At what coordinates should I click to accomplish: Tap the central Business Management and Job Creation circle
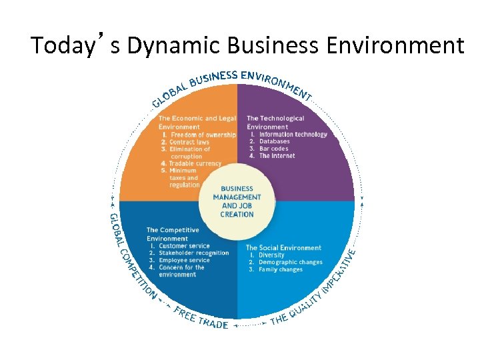(x=237, y=201)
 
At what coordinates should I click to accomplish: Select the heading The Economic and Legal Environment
(x=197, y=123)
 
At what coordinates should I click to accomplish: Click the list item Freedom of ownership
(x=203, y=135)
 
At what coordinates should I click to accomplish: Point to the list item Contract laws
(x=189, y=142)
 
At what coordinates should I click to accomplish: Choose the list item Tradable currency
(x=195, y=163)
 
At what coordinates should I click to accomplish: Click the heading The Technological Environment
(x=275, y=123)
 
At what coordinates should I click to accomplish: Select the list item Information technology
(x=293, y=135)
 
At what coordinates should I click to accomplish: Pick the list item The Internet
(x=277, y=156)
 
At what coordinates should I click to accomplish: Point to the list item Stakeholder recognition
(x=193, y=253)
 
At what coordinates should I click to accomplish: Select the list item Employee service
(x=184, y=261)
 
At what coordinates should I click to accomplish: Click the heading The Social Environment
(x=283, y=248)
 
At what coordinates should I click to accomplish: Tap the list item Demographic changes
(x=290, y=263)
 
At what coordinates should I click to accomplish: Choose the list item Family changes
(x=280, y=270)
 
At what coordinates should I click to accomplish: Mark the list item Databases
(x=274, y=141)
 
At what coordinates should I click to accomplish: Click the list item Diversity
(x=271, y=255)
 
